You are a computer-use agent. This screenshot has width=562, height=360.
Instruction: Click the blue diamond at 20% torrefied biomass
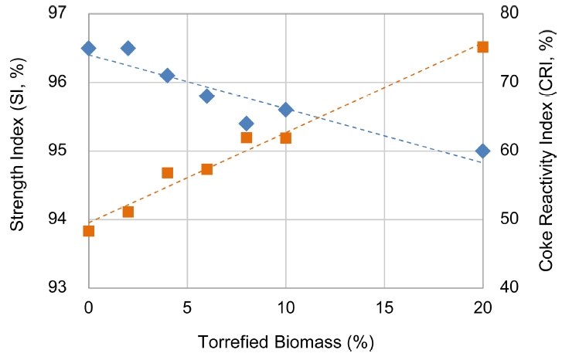[482, 151]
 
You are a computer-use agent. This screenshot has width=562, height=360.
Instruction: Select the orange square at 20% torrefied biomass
[482, 47]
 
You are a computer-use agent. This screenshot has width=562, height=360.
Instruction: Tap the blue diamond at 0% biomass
[89, 48]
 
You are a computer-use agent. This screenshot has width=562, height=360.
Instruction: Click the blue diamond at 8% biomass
[246, 124]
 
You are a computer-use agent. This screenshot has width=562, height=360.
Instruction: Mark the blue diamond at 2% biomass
[128, 48]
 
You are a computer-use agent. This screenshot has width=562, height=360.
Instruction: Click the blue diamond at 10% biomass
[285, 110]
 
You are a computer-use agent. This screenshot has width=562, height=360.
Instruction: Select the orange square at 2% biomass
[128, 212]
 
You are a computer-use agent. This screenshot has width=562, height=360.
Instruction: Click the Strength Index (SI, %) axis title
[16, 151]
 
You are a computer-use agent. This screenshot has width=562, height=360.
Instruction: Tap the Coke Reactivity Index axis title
[547, 151]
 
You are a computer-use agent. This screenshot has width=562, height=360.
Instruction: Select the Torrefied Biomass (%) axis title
[286, 341]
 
